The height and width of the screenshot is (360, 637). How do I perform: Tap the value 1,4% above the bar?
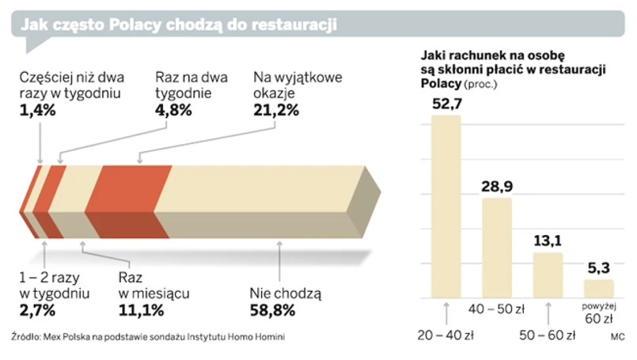36,111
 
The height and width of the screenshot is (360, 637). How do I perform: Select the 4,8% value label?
173,111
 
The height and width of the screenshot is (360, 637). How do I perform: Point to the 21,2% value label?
276,111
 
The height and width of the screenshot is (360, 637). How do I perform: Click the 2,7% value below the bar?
36,309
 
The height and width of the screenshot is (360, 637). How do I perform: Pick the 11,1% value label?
142,309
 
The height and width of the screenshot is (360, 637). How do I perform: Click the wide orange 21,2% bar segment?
127,202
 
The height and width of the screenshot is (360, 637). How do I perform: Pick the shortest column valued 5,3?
598,289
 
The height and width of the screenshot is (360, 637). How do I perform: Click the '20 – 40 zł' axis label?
446,335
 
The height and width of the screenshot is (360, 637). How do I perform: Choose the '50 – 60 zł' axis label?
548,335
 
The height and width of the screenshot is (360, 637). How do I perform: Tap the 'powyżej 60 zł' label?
598,313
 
